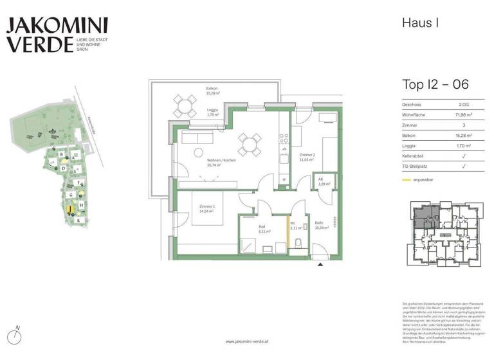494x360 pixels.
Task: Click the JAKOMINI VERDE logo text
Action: click(57, 35)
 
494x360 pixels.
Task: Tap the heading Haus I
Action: click(421, 23)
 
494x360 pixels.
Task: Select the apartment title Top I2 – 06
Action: click(435, 84)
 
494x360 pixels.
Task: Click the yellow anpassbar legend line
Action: click(407, 179)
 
